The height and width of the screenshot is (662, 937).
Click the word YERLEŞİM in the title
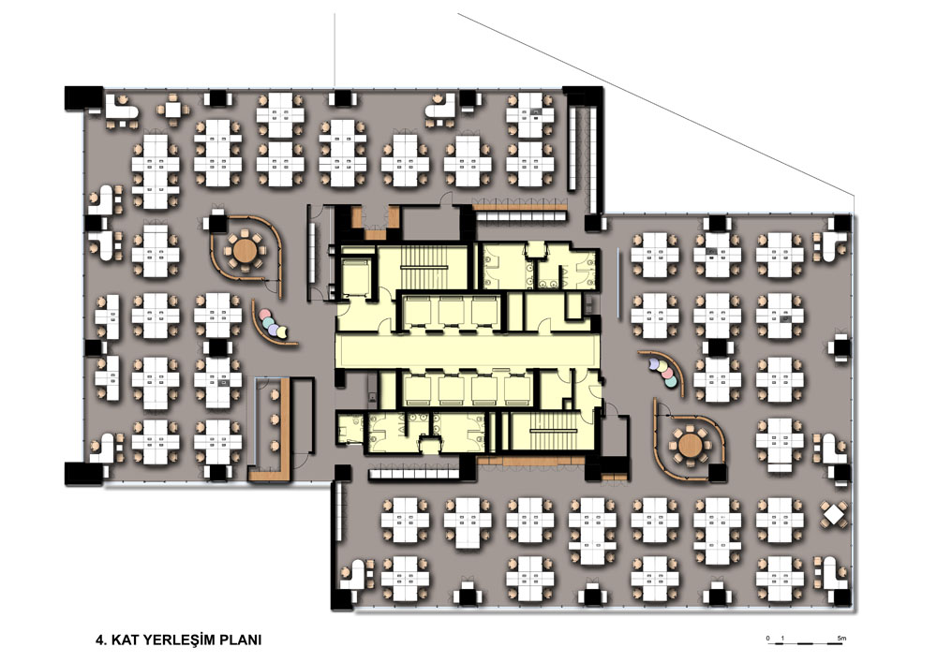point(171,640)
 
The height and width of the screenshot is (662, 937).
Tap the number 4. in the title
point(101,640)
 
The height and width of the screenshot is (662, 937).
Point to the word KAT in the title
point(123,640)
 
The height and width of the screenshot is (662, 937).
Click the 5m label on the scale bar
point(841,638)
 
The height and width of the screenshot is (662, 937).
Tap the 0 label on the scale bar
point(768,638)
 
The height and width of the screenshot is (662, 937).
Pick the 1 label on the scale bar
point(782,638)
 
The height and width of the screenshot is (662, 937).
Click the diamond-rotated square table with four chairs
point(834,514)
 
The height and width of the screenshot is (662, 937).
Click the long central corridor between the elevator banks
point(466,350)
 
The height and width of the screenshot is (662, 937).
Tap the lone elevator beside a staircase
point(356,273)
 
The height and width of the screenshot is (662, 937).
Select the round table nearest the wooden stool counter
point(244,251)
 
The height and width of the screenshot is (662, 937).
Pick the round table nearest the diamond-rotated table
point(692,445)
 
